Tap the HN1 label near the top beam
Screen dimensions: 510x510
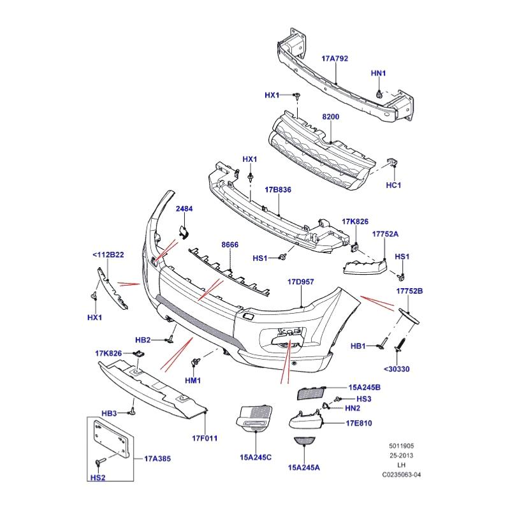pos(379,73)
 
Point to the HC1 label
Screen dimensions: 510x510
pos(393,186)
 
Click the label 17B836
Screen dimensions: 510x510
pos(278,190)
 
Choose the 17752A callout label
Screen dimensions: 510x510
pos(386,234)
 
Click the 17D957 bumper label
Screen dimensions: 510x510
pos(301,281)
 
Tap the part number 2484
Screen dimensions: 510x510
pos(184,208)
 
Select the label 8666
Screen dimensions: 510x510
pos(230,245)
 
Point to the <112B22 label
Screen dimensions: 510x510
pos(108,255)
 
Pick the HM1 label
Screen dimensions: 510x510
pos(193,381)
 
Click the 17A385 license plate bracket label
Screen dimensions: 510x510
pos(157,458)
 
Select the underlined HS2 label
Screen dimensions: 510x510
pos(98,476)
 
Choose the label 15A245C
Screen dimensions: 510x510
pos(256,457)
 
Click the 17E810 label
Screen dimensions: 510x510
pos(359,423)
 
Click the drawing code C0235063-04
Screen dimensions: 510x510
pos(402,475)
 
